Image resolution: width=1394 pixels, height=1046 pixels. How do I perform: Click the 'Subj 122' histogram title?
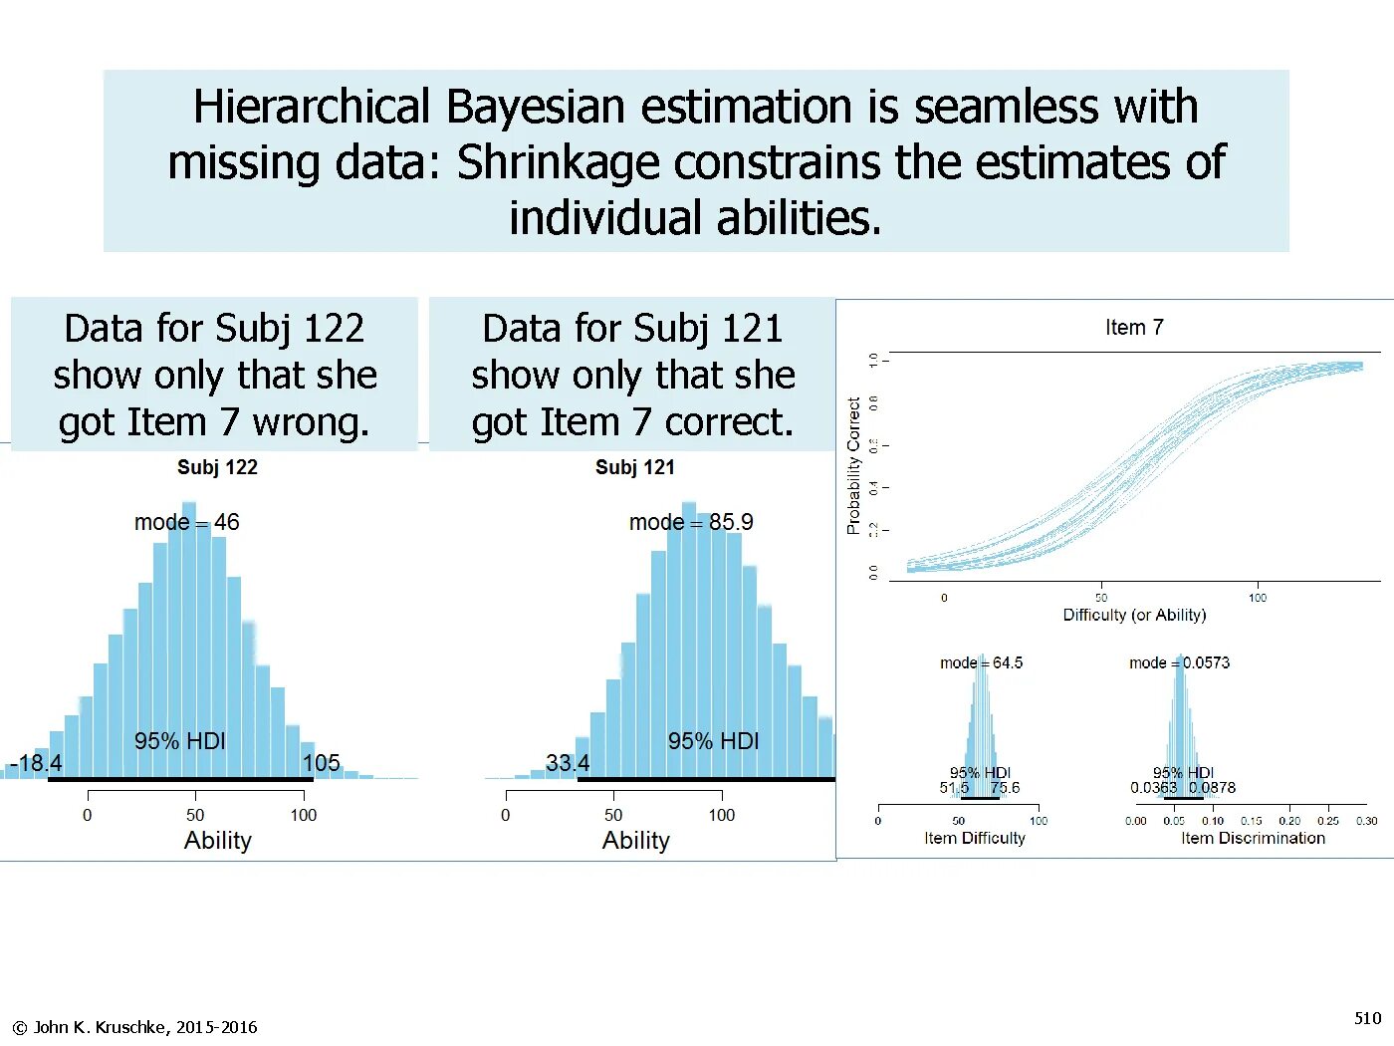point(217,467)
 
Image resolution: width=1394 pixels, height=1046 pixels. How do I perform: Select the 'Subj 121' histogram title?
point(635,467)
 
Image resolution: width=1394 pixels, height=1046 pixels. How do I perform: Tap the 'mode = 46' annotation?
point(187,522)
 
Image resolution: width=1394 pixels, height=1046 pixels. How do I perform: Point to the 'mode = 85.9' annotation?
point(691,522)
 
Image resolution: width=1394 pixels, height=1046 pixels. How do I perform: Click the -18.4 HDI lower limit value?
point(36,763)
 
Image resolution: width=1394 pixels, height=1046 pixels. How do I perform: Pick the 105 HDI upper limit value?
point(322,763)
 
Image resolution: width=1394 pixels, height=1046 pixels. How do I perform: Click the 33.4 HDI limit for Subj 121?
point(568,763)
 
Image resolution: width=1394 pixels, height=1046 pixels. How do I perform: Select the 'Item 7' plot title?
point(1134,328)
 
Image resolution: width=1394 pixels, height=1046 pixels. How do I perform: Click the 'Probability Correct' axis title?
point(853,466)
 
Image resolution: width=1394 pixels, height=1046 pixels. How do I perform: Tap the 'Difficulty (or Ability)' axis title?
point(1134,615)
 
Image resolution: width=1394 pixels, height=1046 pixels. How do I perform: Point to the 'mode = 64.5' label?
point(981,662)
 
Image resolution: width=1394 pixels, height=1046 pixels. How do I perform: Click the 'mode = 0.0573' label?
point(1179,662)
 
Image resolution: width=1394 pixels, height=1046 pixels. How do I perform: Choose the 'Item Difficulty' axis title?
point(974,838)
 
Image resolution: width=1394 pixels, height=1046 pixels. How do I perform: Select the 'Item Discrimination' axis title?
point(1253,838)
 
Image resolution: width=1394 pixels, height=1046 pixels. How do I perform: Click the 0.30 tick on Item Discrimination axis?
point(1366,821)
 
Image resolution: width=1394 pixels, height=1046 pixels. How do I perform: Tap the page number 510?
point(1367,1017)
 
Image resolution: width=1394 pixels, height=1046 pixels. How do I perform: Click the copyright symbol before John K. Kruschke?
point(20,1027)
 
